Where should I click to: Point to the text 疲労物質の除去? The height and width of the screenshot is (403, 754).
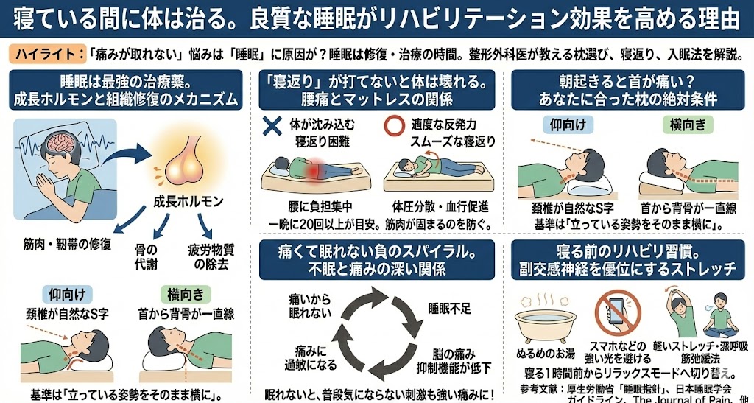coord(208,257)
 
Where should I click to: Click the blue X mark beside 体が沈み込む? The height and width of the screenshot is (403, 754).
coord(272,125)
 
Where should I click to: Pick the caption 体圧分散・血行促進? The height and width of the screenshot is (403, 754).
coord(440,207)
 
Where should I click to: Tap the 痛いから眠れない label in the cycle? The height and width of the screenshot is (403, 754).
coord(310,306)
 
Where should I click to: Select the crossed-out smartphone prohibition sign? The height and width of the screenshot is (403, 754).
coord(618,315)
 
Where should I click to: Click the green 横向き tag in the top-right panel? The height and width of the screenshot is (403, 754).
coord(688,125)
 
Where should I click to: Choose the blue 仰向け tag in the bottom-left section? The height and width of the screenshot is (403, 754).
coord(71,293)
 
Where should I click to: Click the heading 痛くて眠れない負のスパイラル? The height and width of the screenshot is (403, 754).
coord(376,251)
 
